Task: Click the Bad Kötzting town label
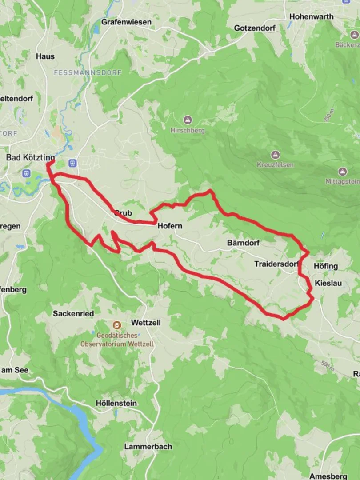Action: click(30, 157)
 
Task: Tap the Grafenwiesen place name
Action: click(126, 22)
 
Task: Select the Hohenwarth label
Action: click(311, 16)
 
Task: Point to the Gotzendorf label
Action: click(255, 28)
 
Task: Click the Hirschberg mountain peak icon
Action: click(188, 120)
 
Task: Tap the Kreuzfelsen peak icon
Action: click(276, 155)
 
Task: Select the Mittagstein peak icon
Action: click(342, 172)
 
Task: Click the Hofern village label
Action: click(170, 226)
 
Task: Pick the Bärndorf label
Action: click(243, 243)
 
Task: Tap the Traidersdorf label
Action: click(276, 264)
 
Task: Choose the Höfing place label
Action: click(326, 266)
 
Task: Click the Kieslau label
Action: click(328, 283)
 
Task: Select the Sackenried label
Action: click(73, 314)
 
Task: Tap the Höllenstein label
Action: click(116, 403)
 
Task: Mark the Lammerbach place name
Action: click(148, 446)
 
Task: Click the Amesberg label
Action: click(328, 476)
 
